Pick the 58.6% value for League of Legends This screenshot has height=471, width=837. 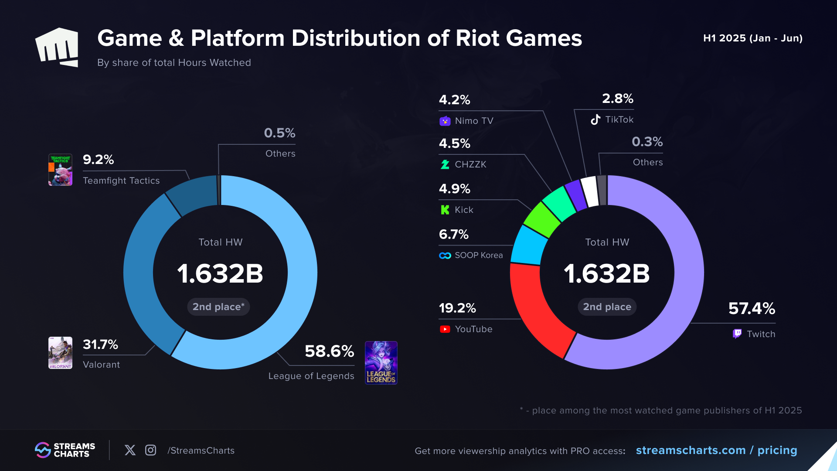[329, 351]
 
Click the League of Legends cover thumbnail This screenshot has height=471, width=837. [381, 363]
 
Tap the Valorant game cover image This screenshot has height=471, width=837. [60, 353]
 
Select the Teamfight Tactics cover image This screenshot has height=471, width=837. [60, 170]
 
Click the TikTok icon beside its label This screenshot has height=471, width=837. [595, 119]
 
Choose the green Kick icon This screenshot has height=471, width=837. [445, 210]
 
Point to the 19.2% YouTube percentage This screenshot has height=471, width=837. [457, 308]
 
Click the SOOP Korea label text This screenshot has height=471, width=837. [479, 255]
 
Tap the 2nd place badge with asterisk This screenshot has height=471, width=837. [218, 307]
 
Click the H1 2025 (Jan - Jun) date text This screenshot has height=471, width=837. [753, 38]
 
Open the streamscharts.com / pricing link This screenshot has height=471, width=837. [716, 450]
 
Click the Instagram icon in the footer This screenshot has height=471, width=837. [150, 450]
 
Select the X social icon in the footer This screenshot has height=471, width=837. [130, 450]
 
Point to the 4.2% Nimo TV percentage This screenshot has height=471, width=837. [454, 100]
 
